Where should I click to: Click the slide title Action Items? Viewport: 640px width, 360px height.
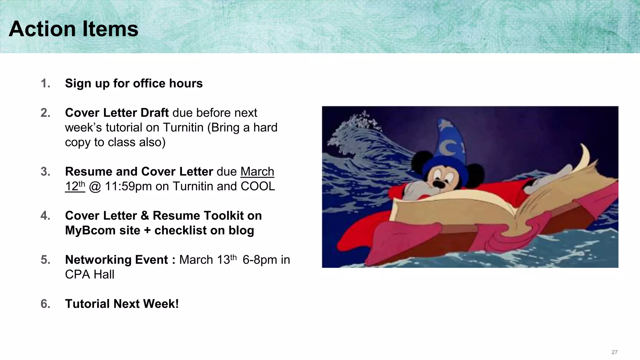point(73,29)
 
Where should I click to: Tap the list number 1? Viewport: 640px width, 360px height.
point(45,83)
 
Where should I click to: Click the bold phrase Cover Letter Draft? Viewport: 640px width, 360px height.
point(117,113)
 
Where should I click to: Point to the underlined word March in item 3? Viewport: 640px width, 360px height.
point(257,172)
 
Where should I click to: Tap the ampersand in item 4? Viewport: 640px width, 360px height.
point(145,216)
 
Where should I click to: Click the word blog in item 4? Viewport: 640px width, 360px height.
point(241,230)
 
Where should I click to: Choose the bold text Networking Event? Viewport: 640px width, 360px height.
point(117,260)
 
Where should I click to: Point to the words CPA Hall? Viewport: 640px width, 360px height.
point(90,274)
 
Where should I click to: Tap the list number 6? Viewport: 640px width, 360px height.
point(45,304)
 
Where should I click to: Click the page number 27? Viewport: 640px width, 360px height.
point(614,352)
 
